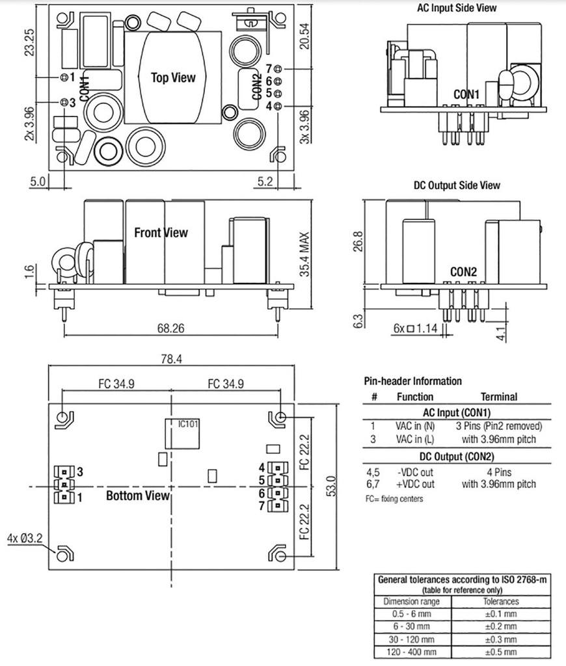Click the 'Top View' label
pyautogui.click(x=173, y=77)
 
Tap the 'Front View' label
pyautogui.click(x=160, y=232)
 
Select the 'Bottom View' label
pyautogui.click(x=138, y=496)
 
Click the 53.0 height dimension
pyautogui.click(x=331, y=486)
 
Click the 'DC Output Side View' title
pyautogui.click(x=457, y=185)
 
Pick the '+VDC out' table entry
pyautogui.click(x=413, y=484)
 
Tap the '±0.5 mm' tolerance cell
pyautogui.click(x=501, y=652)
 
